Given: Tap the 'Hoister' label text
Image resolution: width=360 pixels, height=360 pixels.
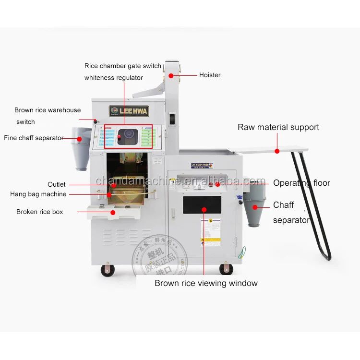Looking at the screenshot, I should coord(210,75).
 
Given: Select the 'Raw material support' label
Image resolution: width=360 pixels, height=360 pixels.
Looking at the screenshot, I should coord(278,127).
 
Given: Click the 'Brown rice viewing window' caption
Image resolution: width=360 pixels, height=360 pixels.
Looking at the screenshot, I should coord(206,283).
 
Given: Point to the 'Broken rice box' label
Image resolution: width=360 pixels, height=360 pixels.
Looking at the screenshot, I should coord(40,212).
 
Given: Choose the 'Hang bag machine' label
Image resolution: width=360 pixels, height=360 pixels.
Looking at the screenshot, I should coord(38,194).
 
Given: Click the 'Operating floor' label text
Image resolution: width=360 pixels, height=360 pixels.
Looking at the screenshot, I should coord(301,183).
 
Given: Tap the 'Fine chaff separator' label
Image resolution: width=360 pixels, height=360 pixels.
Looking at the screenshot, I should coord(34,138).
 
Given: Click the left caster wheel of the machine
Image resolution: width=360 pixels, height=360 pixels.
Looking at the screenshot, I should coord(108,270).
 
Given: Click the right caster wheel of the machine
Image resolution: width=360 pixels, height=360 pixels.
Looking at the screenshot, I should coord(226,269).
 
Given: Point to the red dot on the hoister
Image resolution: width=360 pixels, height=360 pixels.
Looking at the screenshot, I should coord(171,75).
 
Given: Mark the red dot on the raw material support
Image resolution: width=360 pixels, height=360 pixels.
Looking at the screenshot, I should coord(277,151).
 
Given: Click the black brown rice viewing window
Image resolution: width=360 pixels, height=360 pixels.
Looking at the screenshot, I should coord(202,205).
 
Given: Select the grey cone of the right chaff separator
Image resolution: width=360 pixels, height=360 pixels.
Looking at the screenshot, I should coord(254,210).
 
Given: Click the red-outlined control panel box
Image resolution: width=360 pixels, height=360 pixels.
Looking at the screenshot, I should coord(128,136).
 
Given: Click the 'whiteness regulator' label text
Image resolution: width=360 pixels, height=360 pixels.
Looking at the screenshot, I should coord(113,78).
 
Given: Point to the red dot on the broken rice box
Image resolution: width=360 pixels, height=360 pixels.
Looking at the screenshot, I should coord(113,212).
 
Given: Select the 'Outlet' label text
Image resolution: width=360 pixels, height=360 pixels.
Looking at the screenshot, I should coord(57,184).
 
